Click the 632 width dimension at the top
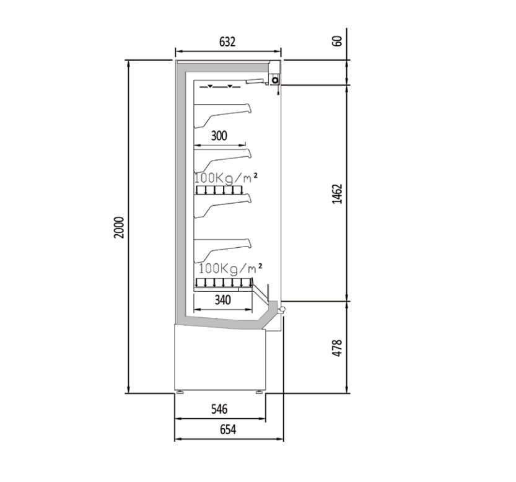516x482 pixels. (227, 42)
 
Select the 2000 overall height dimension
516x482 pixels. (119, 227)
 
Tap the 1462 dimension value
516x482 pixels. (338, 194)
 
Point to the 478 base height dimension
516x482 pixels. (338, 348)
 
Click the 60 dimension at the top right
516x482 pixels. (338, 40)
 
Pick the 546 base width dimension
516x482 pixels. (219, 409)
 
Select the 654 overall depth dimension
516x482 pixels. (228, 429)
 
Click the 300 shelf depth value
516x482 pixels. (219, 136)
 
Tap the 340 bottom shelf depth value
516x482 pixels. (223, 300)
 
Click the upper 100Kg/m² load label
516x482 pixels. (225, 178)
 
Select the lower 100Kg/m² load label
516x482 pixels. (230, 268)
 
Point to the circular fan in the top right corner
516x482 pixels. (275, 80)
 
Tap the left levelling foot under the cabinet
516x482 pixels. (180, 392)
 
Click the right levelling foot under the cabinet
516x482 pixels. (260, 392)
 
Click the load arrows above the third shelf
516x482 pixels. (219, 190)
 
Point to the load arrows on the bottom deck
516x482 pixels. (224, 283)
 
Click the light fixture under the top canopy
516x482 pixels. (256, 81)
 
